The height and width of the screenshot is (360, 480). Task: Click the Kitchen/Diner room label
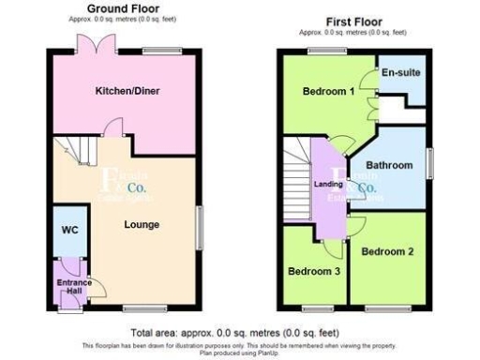click(x=125, y=91)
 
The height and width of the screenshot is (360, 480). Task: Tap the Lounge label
click(x=142, y=225)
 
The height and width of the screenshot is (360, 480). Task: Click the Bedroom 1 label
click(x=327, y=92)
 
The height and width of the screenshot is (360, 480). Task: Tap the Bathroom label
click(x=389, y=166)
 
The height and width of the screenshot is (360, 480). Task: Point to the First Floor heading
click(x=352, y=21)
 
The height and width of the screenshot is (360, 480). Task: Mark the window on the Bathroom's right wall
click(x=428, y=161)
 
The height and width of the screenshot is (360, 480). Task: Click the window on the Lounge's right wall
click(x=199, y=228)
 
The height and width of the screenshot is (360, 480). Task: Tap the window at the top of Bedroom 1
click(x=324, y=51)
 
